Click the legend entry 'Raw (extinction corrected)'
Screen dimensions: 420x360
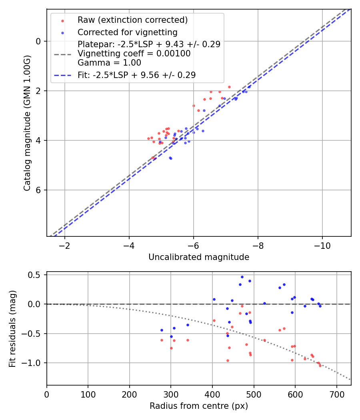[132, 20]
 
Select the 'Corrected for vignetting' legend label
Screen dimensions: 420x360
[127, 32]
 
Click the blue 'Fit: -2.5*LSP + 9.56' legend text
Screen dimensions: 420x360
[136, 75]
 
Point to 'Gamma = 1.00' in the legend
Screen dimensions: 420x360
[109, 63]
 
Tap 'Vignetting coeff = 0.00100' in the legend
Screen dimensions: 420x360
[134, 54]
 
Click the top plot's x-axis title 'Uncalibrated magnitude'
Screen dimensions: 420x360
[199, 257]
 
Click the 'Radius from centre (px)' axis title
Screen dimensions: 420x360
[199, 406]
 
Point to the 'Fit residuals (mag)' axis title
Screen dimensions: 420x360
[12, 328]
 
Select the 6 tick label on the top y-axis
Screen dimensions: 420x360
[38, 190]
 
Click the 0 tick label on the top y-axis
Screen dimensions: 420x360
[38, 41]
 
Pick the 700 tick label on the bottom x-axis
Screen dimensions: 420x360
[336, 394]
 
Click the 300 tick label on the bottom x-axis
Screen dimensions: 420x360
[171, 394]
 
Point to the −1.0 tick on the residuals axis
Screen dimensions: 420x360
[34, 363]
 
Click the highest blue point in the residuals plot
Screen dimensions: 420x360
[242, 277]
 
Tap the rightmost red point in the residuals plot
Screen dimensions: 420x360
[320, 365]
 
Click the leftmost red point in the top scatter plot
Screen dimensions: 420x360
[148, 138]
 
